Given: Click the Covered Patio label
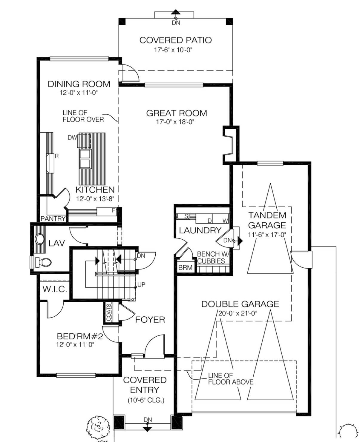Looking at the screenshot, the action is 176,40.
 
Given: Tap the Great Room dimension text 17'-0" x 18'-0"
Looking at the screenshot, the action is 175,122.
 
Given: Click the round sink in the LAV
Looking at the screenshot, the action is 40,239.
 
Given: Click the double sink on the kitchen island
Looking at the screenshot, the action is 85,159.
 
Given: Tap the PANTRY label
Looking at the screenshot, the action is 53,218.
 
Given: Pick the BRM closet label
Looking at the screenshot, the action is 185,267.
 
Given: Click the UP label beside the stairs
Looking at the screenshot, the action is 141,285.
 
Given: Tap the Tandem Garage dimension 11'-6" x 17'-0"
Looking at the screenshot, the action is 267,235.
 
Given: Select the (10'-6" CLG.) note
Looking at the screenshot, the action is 146,400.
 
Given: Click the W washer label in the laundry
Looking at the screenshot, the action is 225,221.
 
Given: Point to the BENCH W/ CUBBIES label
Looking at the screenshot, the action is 213,257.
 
